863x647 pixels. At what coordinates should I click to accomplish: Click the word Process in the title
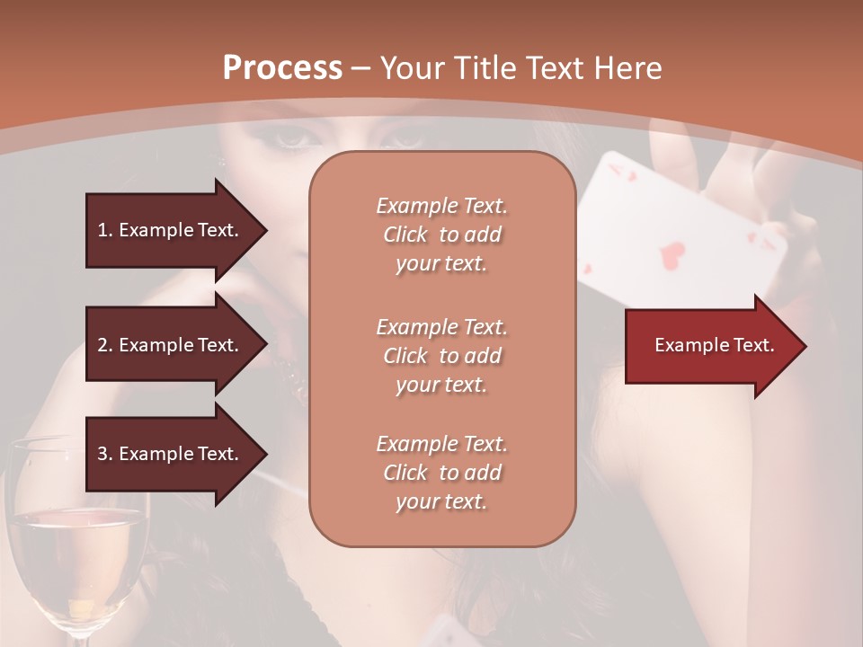282,67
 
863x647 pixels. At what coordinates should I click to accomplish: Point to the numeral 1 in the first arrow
102,230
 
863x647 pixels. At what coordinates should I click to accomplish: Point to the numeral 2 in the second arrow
102,345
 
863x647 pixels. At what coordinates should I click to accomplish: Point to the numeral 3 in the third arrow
102,454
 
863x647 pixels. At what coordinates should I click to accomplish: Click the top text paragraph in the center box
441,235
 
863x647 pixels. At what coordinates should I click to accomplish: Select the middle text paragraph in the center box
441,355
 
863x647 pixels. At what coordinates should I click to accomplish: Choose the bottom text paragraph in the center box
441,473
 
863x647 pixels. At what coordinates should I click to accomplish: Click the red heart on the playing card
672,254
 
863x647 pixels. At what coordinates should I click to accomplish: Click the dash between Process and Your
361,68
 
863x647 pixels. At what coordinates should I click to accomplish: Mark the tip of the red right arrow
805,346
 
